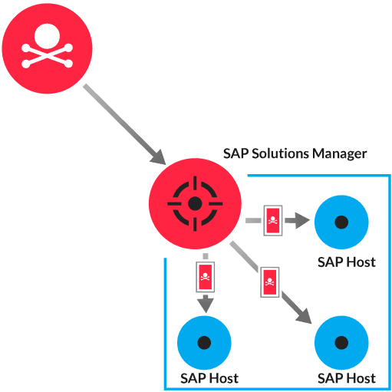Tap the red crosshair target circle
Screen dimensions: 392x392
(x=195, y=203)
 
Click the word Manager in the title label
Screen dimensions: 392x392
(x=339, y=153)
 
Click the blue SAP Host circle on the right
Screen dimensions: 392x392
(x=342, y=222)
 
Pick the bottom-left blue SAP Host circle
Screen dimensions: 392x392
(x=205, y=341)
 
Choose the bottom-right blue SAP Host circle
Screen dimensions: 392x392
(x=342, y=341)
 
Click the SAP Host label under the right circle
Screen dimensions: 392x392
(x=347, y=262)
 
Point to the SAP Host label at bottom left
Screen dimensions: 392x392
(x=209, y=378)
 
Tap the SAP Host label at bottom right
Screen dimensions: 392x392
(x=347, y=378)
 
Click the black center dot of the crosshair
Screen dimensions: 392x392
(x=195, y=203)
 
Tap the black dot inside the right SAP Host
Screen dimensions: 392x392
(x=342, y=222)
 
